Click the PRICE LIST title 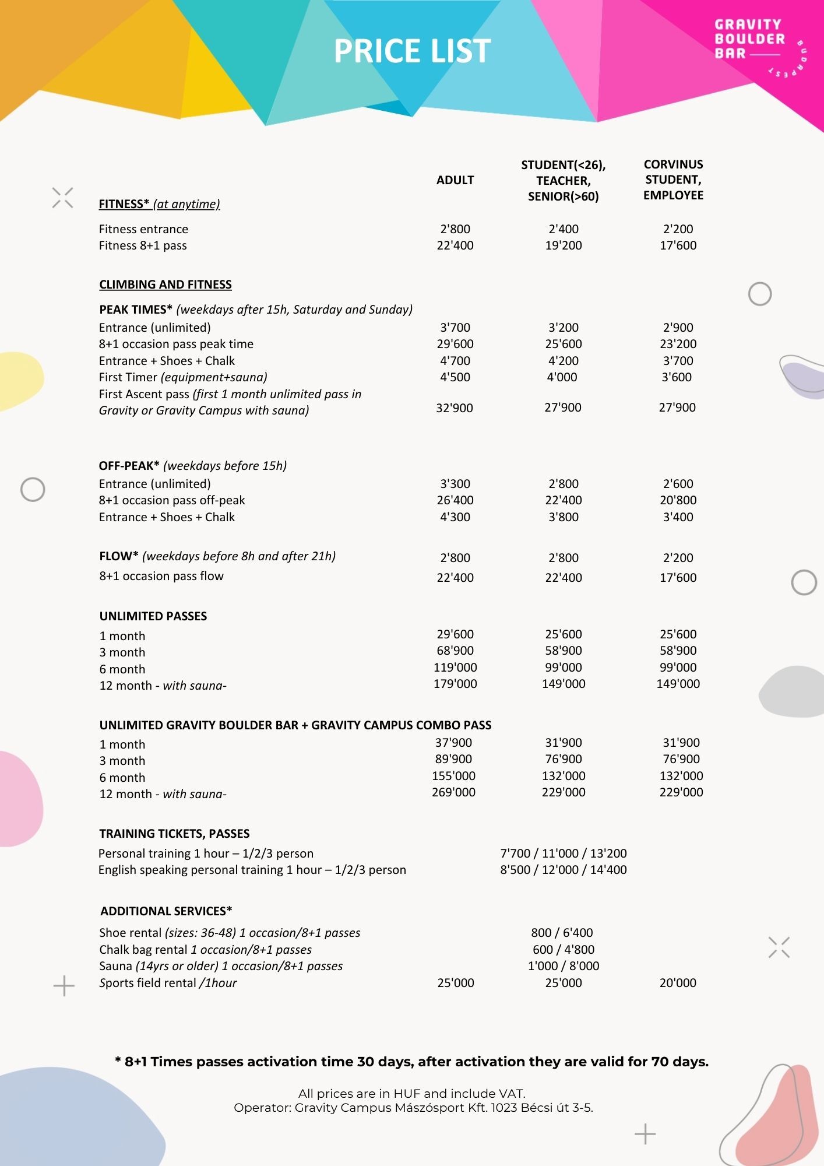pos(412,51)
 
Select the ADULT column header pos(455,180)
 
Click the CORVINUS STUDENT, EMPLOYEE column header pos(673,180)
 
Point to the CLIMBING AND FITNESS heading pos(165,285)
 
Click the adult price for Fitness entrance pos(455,229)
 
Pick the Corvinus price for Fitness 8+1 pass pos(678,245)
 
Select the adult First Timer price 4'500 pos(455,377)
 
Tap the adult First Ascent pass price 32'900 pos(455,408)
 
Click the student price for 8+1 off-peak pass pos(564,500)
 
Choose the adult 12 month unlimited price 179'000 pos(455,683)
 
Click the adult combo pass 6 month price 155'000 pos(453,776)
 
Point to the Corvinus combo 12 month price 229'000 pos(681,792)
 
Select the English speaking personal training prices pos(564,870)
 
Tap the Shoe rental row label pos(230,933)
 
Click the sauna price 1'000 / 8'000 pos(564,966)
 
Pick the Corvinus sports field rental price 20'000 pos(678,983)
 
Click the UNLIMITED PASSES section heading pos(153,616)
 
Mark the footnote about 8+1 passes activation pos(412,1062)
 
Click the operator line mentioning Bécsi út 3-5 pos(413,1108)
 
